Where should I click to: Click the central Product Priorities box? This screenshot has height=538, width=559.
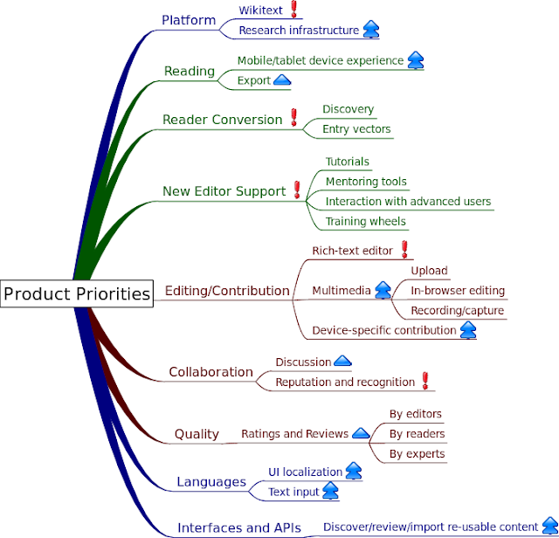tap(77, 293)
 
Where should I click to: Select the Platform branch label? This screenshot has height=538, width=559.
tap(189, 20)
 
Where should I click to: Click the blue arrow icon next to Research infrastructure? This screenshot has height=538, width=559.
tap(371, 30)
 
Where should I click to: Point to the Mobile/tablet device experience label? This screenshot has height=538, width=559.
tap(320, 60)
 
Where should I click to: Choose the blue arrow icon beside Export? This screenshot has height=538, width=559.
tap(282, 80)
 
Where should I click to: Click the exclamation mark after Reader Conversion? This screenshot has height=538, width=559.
tap(294, 118)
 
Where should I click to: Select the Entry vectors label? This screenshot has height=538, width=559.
tap(356, 129)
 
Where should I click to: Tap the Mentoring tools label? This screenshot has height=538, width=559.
tap(366, 182)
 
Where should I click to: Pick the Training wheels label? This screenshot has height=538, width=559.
tap(365, 221)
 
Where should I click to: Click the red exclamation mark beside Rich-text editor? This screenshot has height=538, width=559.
tap(404, 250)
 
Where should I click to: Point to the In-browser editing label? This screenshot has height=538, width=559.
tap(458, 290)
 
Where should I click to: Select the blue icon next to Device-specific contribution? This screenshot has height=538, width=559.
tap(468, 330)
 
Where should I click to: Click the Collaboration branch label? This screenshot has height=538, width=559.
tap(210, 372)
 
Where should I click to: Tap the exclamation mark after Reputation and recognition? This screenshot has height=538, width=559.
tap(425, 381)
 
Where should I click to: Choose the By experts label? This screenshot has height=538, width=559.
tap(417, 453)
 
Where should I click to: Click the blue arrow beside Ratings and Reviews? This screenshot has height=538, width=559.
tap(360, 433)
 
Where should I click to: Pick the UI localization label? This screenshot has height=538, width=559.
tap(305, 472)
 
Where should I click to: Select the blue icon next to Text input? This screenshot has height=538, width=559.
tap(331, 491)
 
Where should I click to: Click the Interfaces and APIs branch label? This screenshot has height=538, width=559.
tap(239, 528)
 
